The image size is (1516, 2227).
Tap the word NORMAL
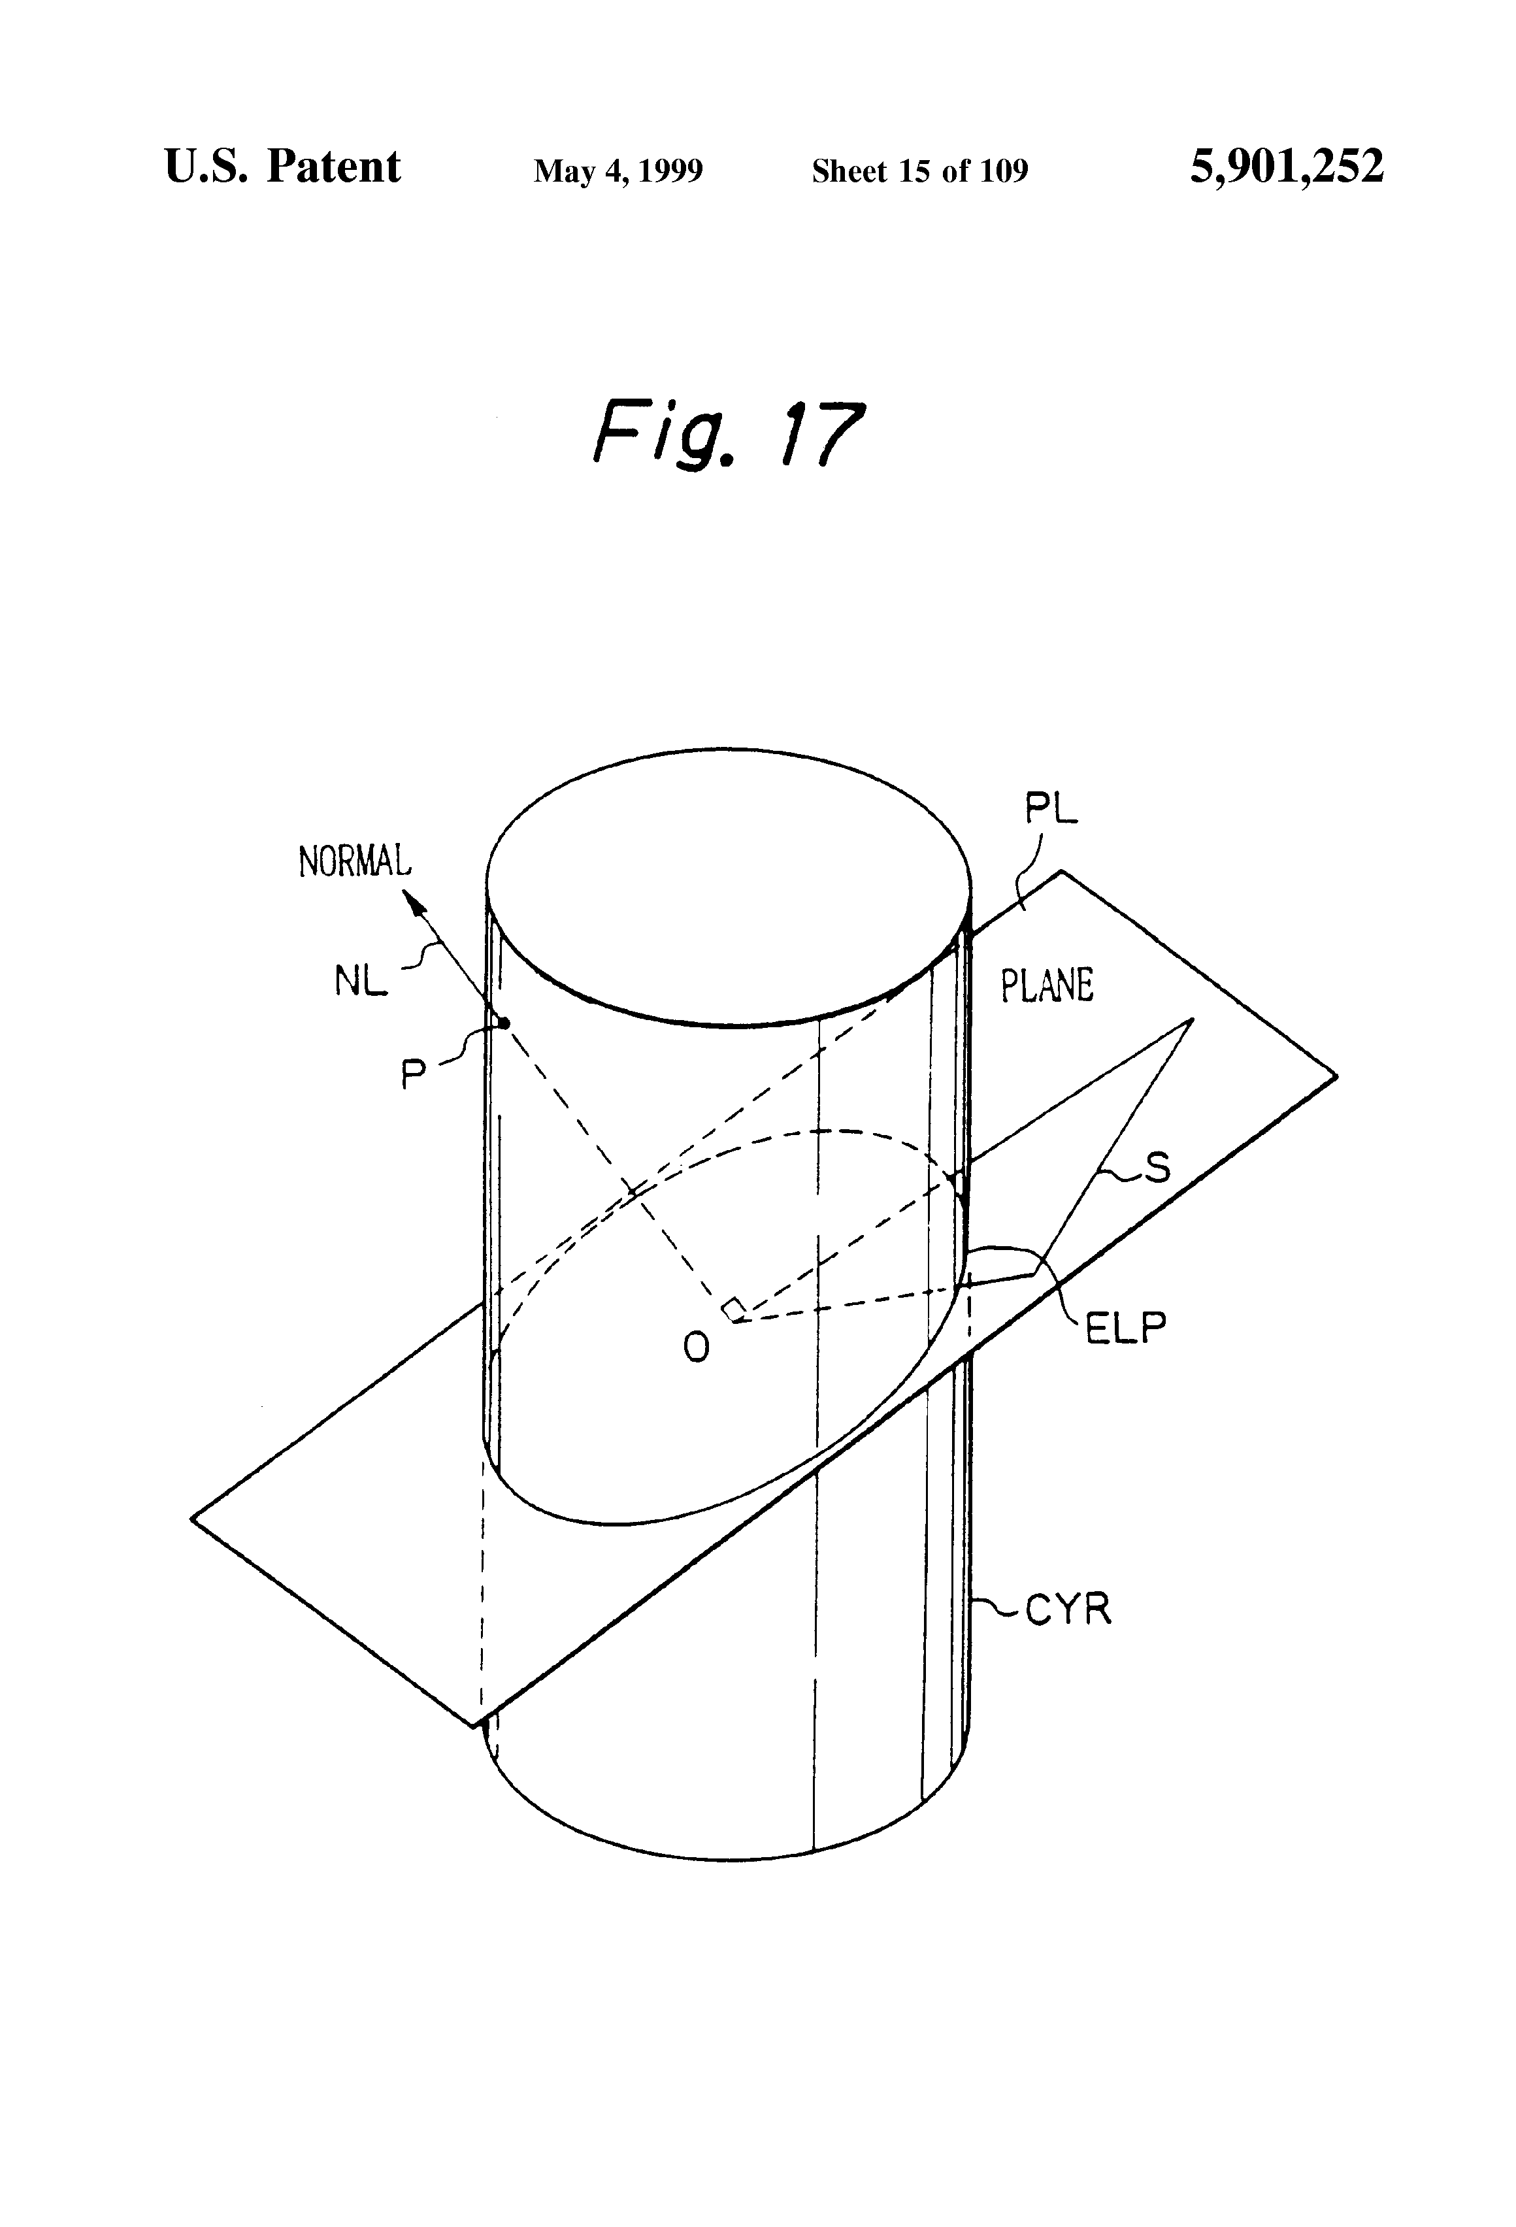tap(355, 861)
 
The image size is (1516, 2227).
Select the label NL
tap(360, 982)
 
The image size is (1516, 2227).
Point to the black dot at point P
tap(504, 1023)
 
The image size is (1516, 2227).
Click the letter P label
tap(413, 1075)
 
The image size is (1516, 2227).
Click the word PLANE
tap(1046, 986)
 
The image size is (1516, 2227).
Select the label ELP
tap(1125, 1329)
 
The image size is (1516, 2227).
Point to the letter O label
tap(697, 1348)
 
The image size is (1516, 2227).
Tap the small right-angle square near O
tap(734, 1309)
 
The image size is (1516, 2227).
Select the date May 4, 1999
tap(618, 171)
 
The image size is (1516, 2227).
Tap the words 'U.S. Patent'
tap(283, 168)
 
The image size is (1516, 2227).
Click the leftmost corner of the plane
tap(193, 1518)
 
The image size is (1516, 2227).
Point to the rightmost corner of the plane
tap(1336, 1076)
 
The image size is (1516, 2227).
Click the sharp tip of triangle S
tap(1192, 1019)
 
